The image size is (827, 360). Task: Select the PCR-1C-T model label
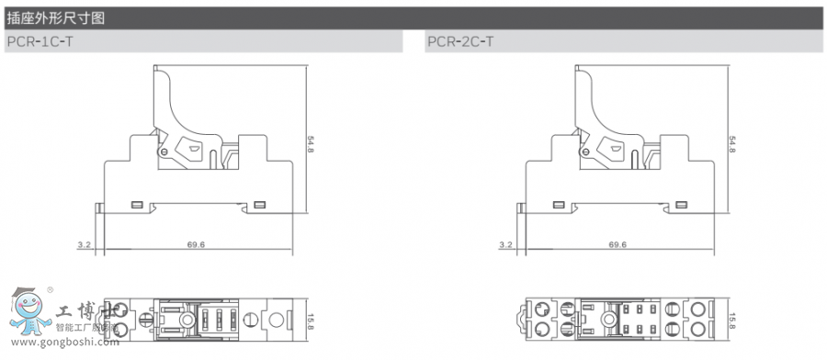tap(39, 41)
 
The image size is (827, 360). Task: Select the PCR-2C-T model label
tap(459, 41)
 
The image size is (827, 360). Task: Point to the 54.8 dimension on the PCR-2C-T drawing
tap(731, 145)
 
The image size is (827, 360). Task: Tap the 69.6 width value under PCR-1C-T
tap(195, 245)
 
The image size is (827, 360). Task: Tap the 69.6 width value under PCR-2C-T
tap(617, 245)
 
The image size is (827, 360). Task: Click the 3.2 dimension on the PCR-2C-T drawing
tap(504, 245)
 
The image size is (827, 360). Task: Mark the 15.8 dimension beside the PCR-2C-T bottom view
tap(731, 321)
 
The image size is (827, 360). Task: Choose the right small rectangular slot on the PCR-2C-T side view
tap(680, 204)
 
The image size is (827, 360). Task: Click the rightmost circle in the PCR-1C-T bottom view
tap(273, 320)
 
